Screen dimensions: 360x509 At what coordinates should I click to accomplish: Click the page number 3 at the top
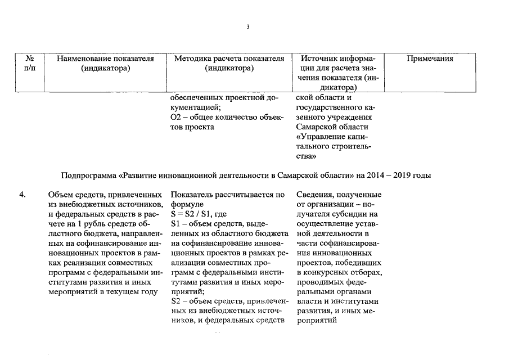coord(247,26)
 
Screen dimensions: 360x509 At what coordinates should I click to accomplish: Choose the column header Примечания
coord(430,58)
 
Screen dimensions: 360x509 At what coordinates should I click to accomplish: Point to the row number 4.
coord(22,195)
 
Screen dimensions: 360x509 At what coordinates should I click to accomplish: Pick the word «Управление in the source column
coord(318,137)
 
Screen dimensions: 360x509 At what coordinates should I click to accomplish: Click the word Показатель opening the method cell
coord(191,195)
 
